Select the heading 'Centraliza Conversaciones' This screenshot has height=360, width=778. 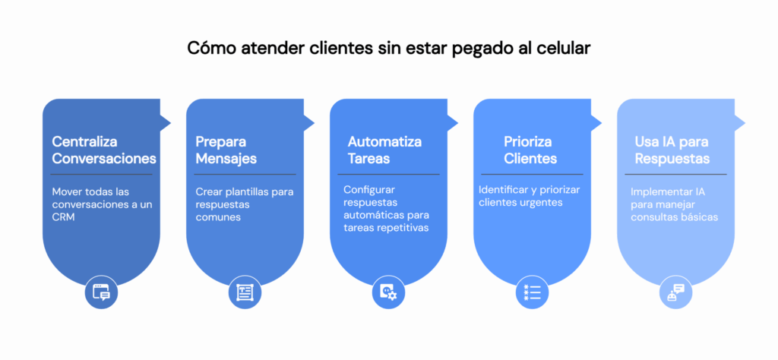coord(104,150)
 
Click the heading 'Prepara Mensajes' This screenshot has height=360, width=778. coord(226,150)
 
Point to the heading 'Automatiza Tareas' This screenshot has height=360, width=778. coord(384,150)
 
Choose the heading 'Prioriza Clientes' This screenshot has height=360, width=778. coord(530,150)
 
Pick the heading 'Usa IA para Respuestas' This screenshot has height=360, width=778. coord(672,150)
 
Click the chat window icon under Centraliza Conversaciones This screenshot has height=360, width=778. coord(102,292)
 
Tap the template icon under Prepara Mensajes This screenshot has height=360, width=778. coord(245,292)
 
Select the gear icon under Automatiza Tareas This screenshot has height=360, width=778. coord(388,292)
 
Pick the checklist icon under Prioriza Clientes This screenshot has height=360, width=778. coord(532,292)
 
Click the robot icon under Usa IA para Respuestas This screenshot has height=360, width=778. coord(675,292)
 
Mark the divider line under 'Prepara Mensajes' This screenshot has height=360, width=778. coord(245,175)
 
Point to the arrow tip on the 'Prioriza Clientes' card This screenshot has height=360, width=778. coord(602,122)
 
